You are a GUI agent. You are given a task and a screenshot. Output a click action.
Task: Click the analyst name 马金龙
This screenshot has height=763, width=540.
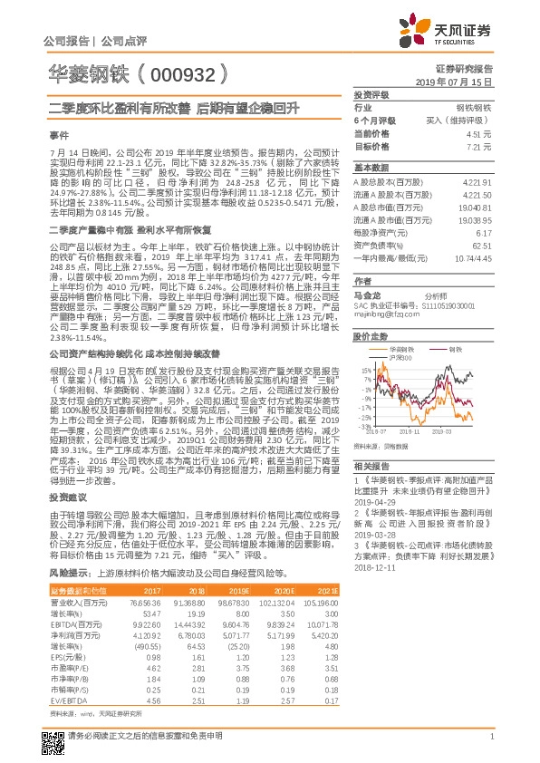367,295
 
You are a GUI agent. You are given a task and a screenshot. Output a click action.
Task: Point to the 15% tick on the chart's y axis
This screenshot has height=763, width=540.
362,371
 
